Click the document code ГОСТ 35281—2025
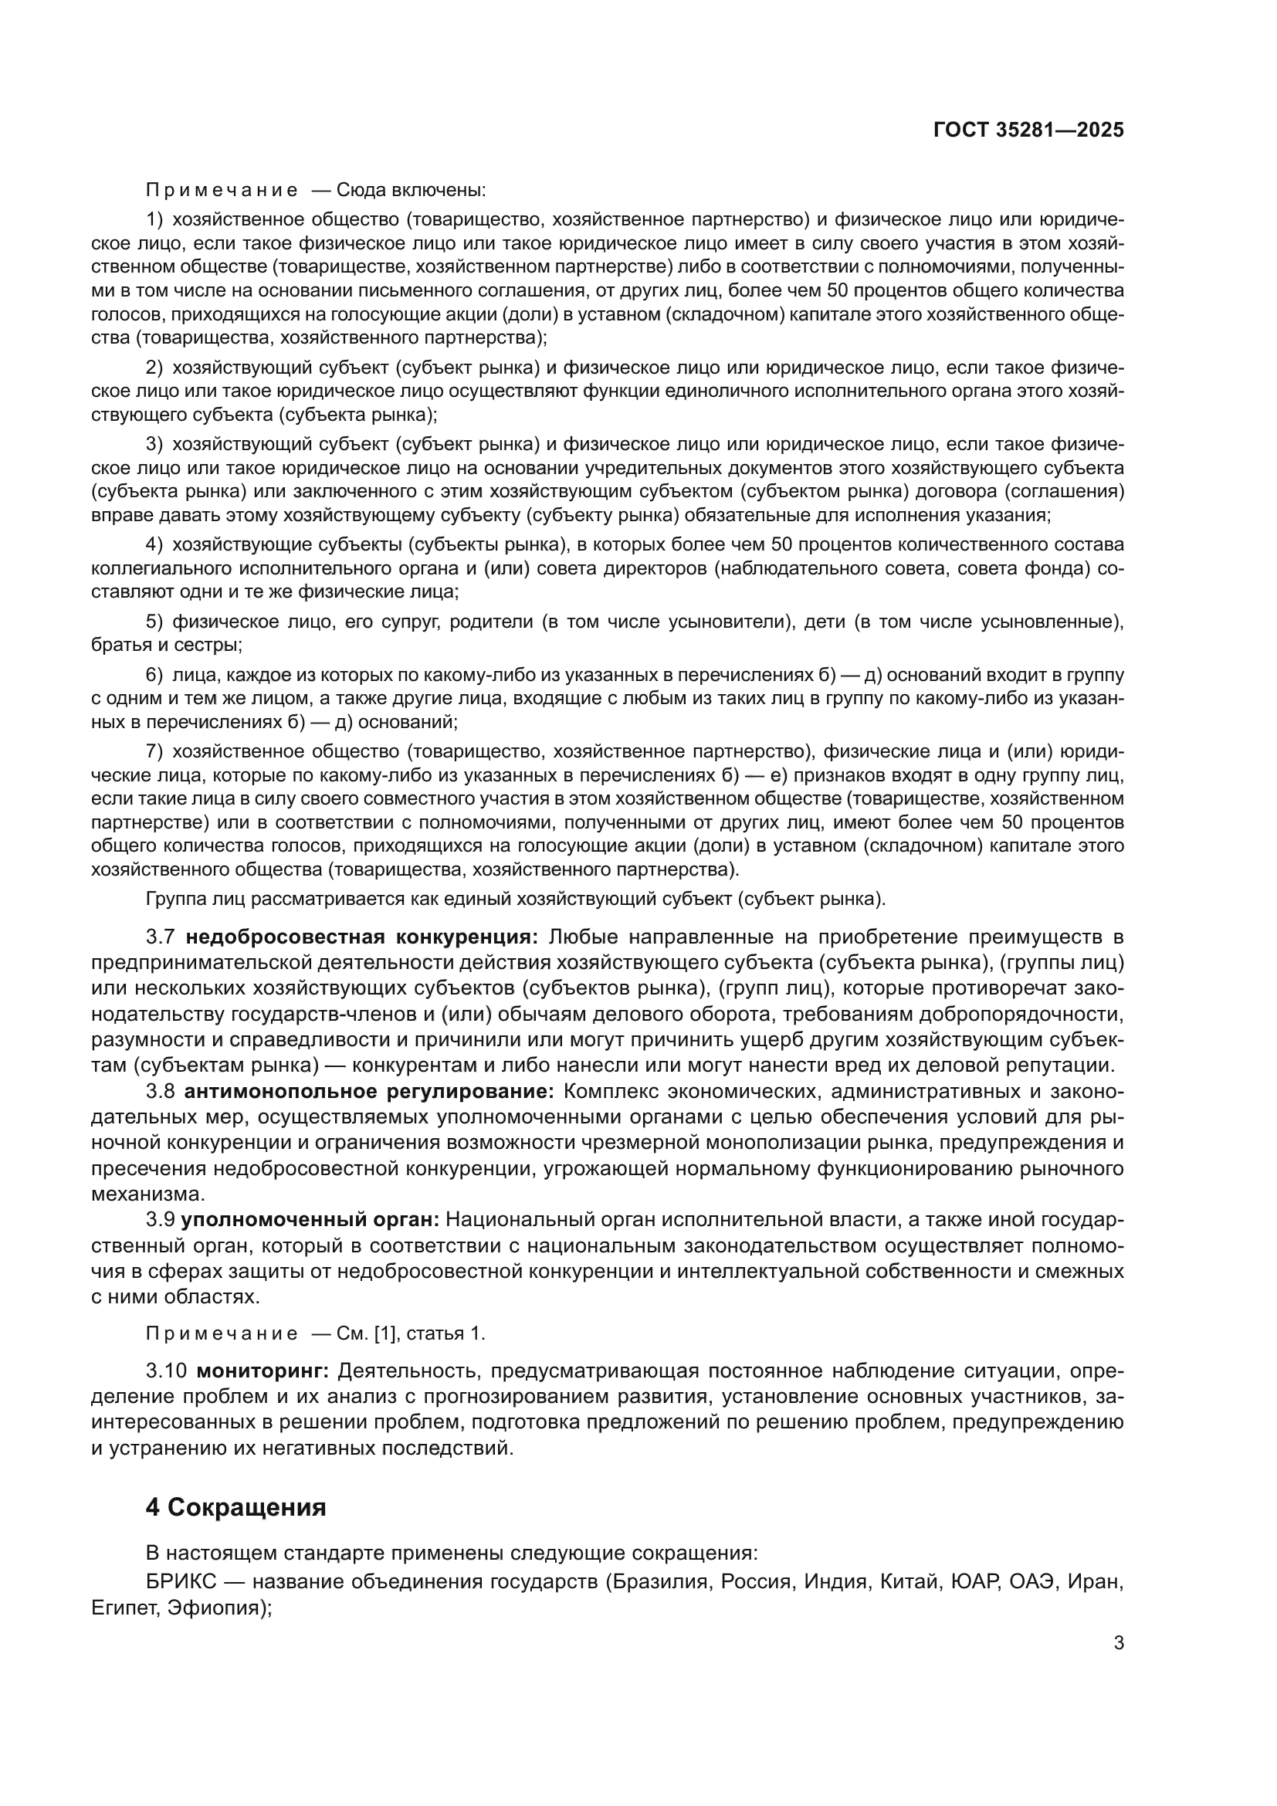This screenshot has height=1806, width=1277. [x=1028, y=130]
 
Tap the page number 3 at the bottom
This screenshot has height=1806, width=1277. [x=1118, y=1643]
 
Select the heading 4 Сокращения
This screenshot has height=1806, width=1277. [x=236, y=1507]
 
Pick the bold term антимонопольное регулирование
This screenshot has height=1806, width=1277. [x=369, y=1092]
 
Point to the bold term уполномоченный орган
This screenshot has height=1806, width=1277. [x=310, y=1220]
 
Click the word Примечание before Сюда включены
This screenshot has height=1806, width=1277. [x=222, y=190]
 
